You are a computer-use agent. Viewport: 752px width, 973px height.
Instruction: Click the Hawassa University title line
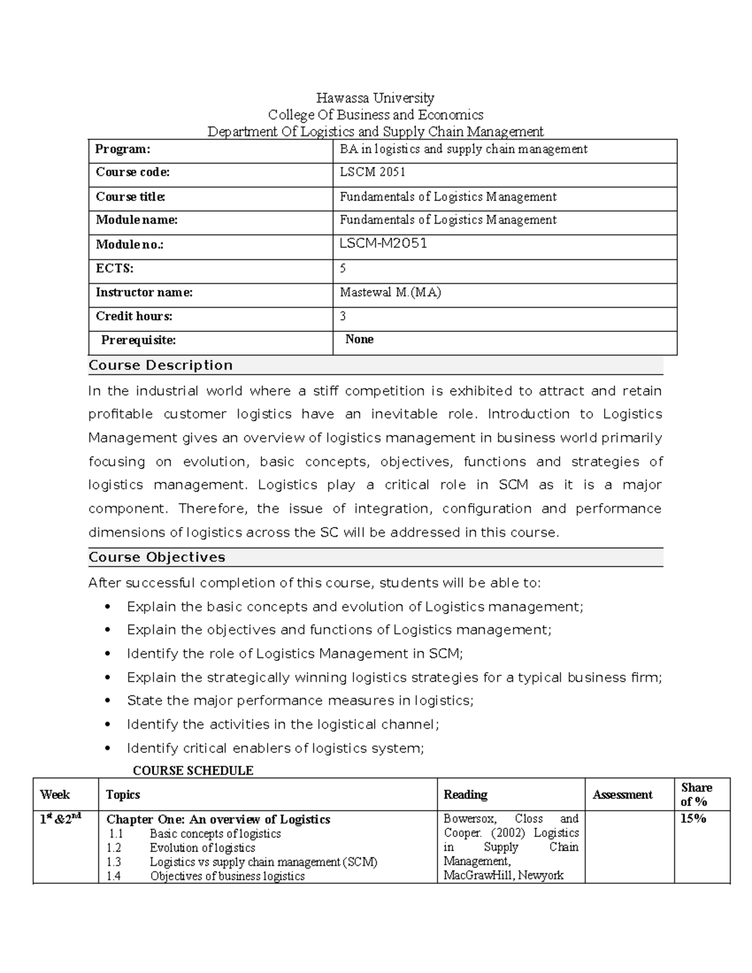[x=375, y=98]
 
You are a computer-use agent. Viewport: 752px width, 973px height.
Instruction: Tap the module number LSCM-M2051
[x=383, y=244]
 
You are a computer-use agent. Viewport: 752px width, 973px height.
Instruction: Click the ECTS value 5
[x=343, y=268]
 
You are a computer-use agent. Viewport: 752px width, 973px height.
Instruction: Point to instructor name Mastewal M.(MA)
[x=390, y=293]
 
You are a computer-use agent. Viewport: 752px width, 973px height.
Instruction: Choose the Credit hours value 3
[x=343, y=316]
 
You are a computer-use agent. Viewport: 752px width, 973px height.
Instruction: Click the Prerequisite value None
[x=359, y=340]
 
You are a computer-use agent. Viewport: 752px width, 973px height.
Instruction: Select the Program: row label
[x=123, y=149]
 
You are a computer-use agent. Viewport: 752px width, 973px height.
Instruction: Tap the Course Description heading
[x=160, y=365]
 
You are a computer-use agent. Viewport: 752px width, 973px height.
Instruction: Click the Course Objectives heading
[x=157, y=557]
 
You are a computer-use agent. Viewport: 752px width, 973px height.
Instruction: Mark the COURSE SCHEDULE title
[x=193, y=771]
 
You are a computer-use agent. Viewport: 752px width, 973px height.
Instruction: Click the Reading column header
[x=465, y=794]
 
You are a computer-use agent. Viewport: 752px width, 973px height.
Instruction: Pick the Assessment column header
[x=622, y=794]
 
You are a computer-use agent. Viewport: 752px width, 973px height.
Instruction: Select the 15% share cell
[x=693, y=819]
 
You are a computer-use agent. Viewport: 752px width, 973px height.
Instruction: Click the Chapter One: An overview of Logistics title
[x=218, y=820]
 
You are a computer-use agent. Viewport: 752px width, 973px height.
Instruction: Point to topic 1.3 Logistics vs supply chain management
[x=263, y=862]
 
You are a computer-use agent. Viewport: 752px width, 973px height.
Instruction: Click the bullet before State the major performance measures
[x=108, y=701]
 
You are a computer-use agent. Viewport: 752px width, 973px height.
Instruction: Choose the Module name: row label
[x=137, y=220]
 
